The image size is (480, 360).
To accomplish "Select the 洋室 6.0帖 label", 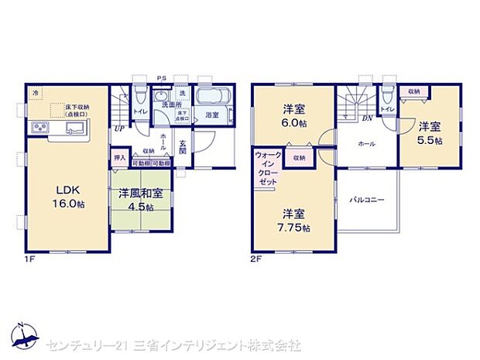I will click(292, 115).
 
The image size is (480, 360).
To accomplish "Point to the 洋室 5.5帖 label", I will click(430, 132).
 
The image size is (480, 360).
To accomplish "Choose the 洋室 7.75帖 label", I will click(295, 219).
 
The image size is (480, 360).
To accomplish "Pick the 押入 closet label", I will click(119, 157).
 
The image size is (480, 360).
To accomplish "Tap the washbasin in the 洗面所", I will click(163, 98).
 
